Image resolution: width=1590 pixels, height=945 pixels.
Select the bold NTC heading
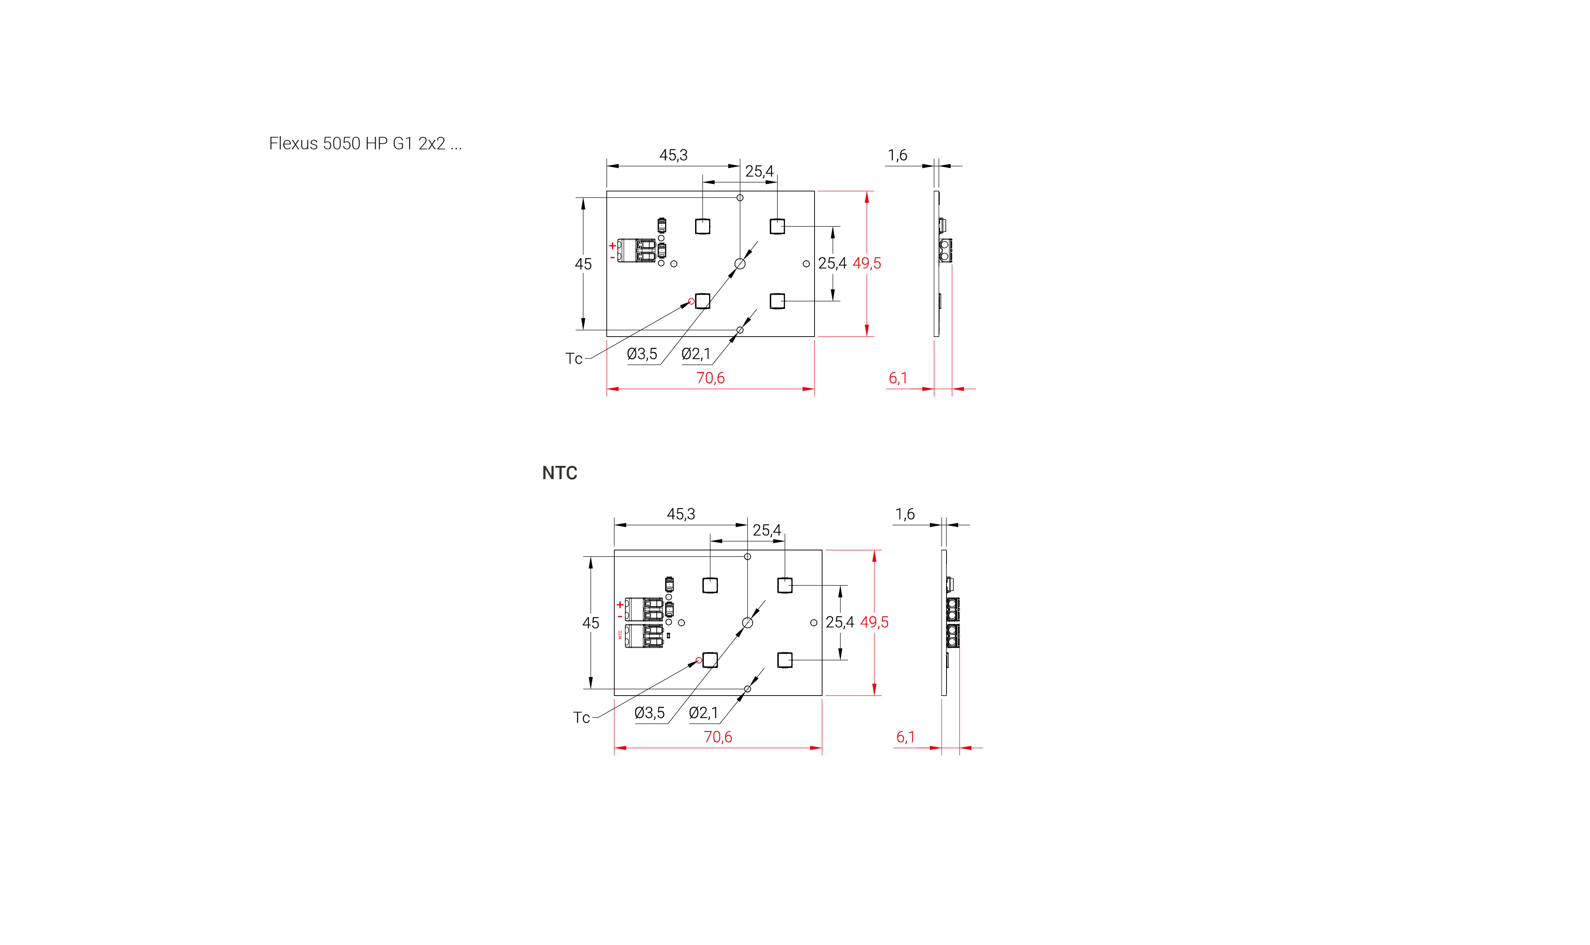pyautogui.click(x=559, y=473)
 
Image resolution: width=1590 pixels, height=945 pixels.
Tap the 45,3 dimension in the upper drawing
pyautogui.click(x=673, y=155)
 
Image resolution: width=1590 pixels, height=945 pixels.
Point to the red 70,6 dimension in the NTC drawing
pyautogui.click(x=718, y=737)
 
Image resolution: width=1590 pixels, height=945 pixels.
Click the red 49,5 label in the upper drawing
pyautogui.click(x=866, y=263)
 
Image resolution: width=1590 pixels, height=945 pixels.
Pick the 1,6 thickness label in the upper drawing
pyautogui.click(x=898, y=155)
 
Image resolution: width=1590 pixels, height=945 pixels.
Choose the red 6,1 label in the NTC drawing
pyautogui.click(x=905, y=737)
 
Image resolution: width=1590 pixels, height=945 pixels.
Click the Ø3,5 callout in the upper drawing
pyautogui.click(x=642, y=354)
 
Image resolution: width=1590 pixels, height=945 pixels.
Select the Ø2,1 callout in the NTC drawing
pyautogui.click(x=703, y=713)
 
